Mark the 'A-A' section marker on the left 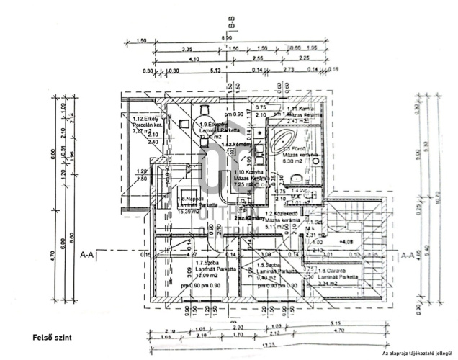click(x=88, y=254)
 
